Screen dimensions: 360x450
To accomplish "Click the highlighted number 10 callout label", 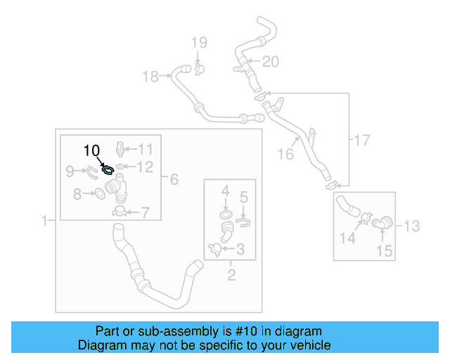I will pyautogui.click(x=92, y=150).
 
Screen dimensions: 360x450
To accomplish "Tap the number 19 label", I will pyautogui.click(x=198, y=42).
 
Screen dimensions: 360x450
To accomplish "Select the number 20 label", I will pyautogui.click(x=271, y=62).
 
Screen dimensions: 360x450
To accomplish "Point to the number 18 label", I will pyautogui.click(x=150, y=77).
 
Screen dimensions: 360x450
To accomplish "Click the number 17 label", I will pyautogui.click(x=361, y=141).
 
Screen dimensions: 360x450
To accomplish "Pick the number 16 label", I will pyautogui.click(x=285, y=154).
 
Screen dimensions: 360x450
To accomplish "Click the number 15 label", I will pyautogui.click(x=384, y=250).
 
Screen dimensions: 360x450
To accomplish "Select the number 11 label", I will pyautogui.click(x=145, y=148).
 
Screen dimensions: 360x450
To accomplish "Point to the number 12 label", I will pyautogui.click(x=145, y=167).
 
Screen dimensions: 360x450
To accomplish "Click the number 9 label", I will pyautogui.click(x=70, y=170).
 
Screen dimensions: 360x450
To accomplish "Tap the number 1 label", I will pyautogui.click(x=44, y=221).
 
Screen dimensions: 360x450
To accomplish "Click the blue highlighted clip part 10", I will pyautogui.click(x=108, y=169).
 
